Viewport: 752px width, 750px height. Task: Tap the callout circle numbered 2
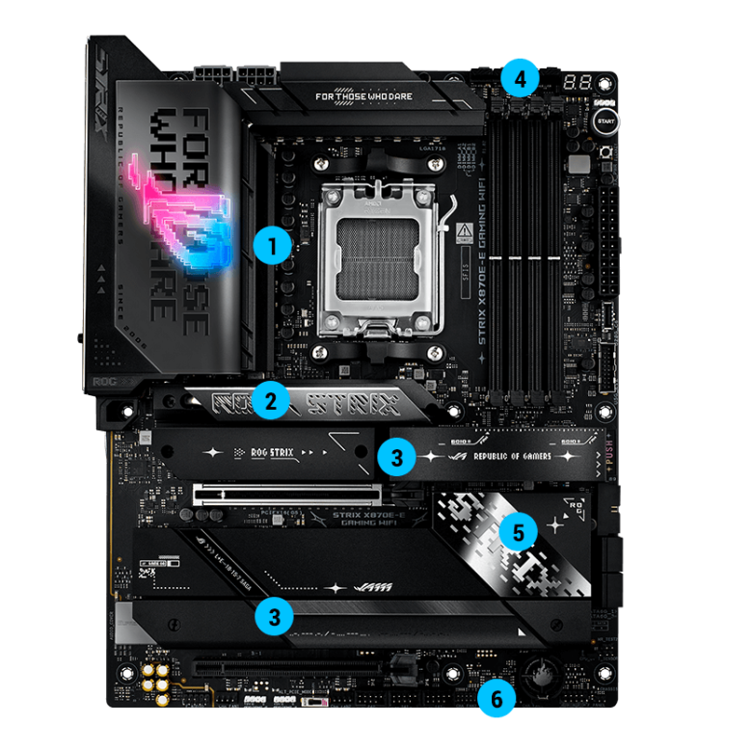272,402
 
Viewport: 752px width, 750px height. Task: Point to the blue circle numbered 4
520,77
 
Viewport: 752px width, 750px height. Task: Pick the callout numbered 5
520,531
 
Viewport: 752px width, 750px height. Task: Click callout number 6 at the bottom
497,699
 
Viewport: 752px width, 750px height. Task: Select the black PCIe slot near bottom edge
289,666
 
